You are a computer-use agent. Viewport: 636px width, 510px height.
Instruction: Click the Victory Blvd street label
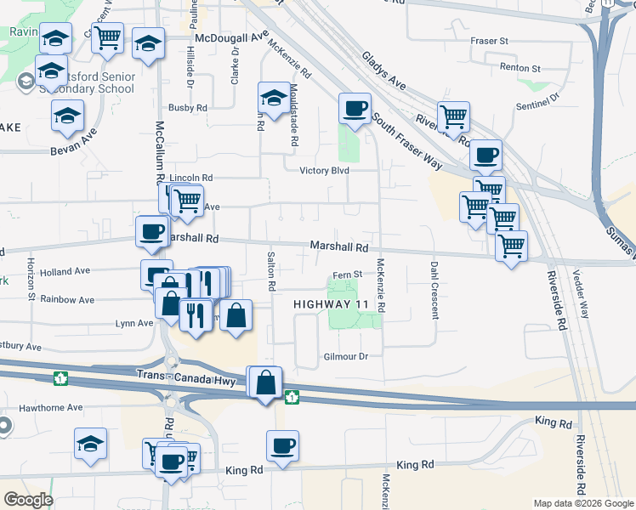(325, 170)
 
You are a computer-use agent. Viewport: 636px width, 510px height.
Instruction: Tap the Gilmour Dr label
(345, 357)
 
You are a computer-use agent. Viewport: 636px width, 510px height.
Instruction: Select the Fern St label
(347, 275)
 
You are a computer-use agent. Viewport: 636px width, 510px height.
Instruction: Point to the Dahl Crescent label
(434, 289)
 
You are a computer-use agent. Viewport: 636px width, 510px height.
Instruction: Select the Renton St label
(520, 68)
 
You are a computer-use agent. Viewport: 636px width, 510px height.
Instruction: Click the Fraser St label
(489, 41)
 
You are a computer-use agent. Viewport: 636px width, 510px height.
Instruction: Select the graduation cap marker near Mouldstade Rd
(275, 100)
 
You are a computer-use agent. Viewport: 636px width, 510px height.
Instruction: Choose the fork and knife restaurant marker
(196, 314)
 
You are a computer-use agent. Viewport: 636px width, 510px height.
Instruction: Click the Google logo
(28, 500)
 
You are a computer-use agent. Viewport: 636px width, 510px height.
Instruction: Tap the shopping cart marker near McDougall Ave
(108, 40)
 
